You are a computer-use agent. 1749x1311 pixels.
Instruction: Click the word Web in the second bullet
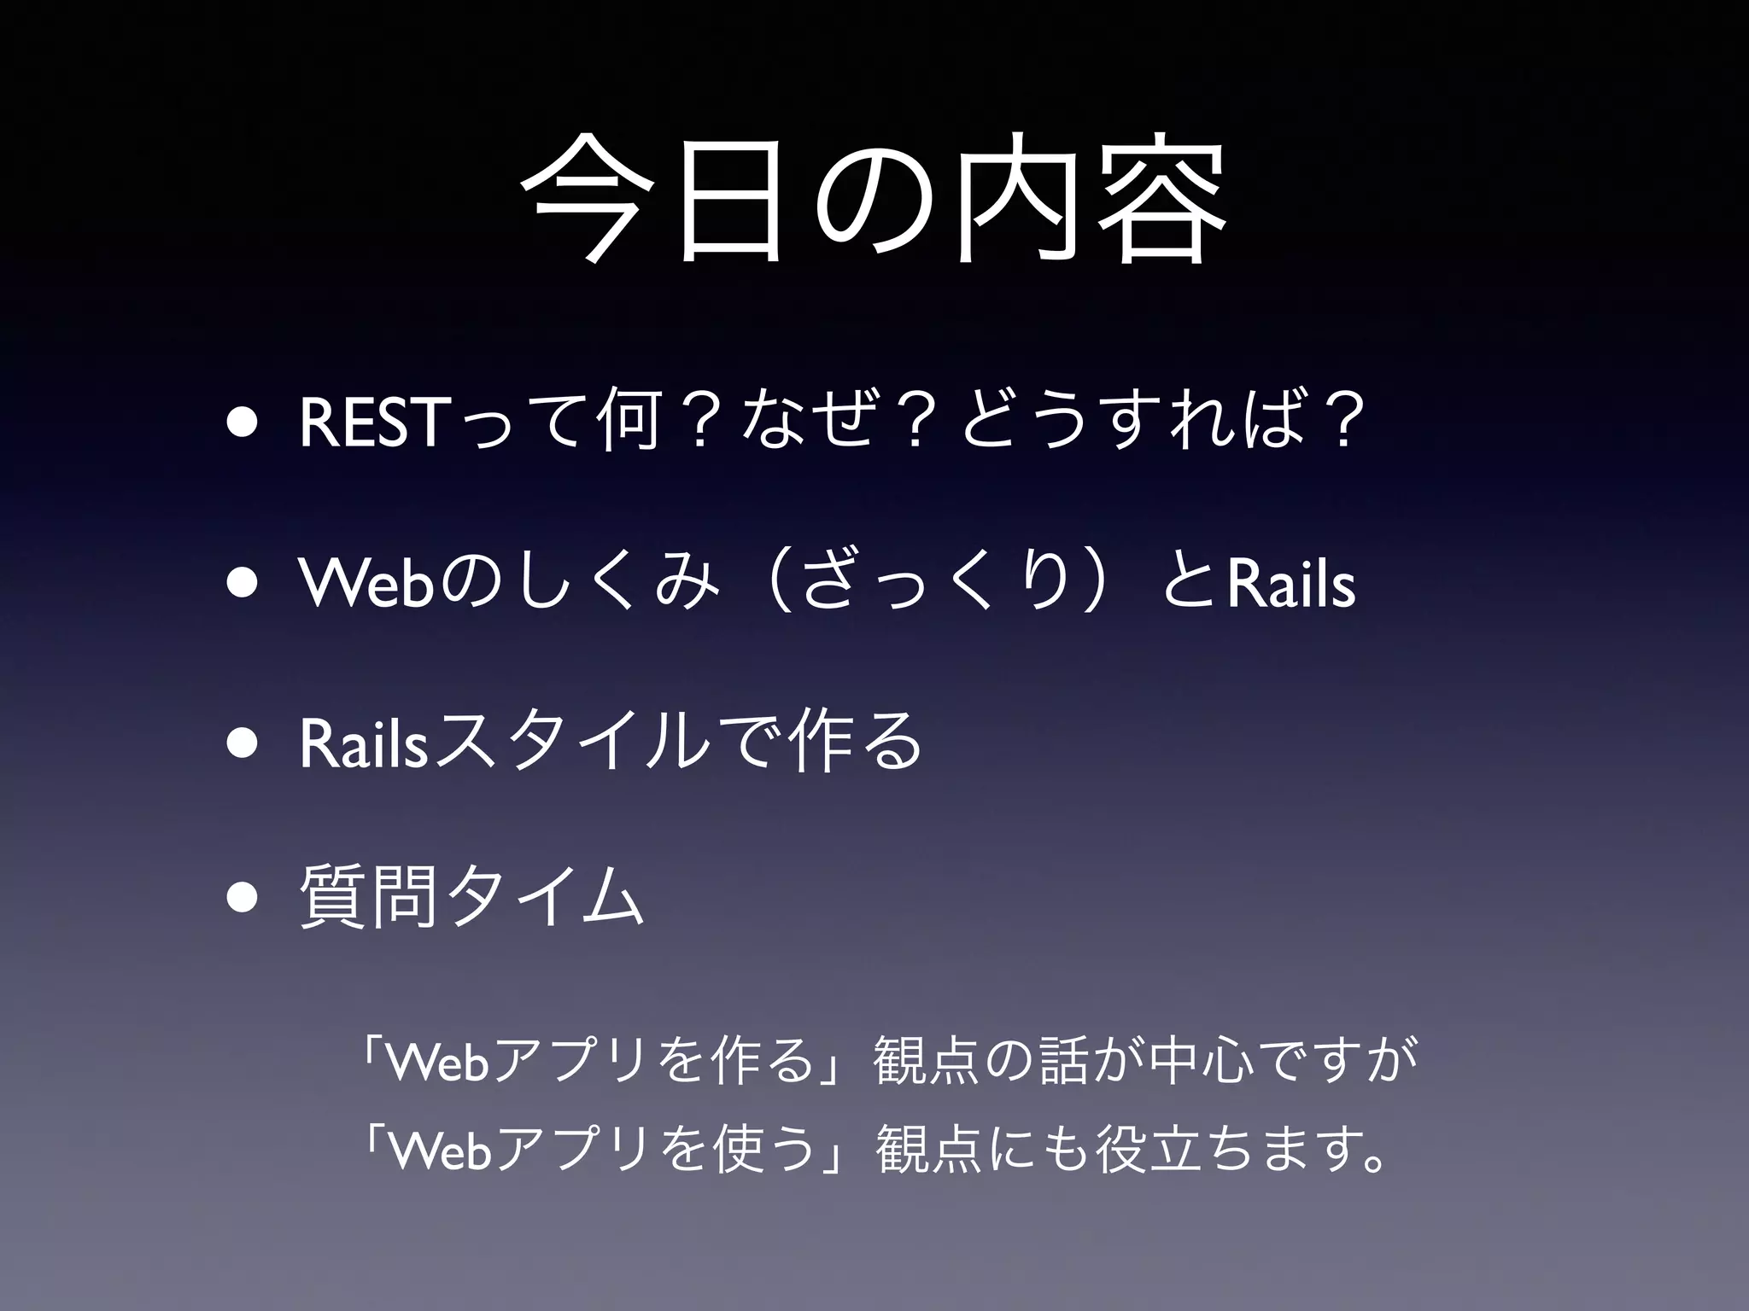click(x=364, y=584)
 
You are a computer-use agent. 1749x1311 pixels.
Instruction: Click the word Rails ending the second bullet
click(x=1290, y=584)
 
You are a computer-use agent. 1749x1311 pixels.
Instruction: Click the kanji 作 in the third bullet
click(x=816, y=743)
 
